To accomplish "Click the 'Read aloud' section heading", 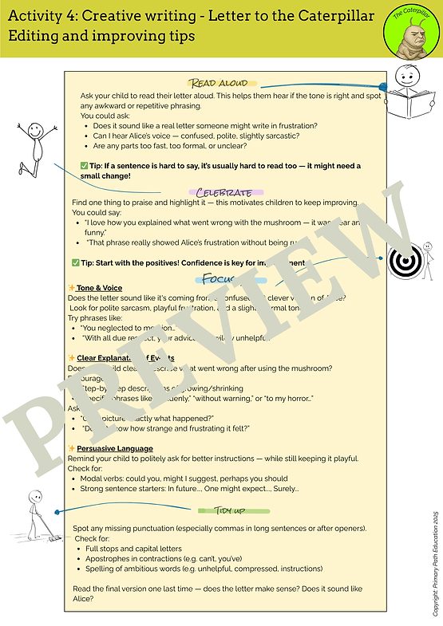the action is [x=222, y=84].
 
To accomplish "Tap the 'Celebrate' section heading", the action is [x=224, y=192].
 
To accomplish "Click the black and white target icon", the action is [x=404, y=260].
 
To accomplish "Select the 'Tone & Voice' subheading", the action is [x=99, y=288].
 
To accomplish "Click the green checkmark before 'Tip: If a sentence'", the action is [x=85, y=165].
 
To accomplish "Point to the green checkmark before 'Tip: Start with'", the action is [x=76, y=262].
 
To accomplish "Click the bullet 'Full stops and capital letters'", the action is [x=134, y=549].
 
